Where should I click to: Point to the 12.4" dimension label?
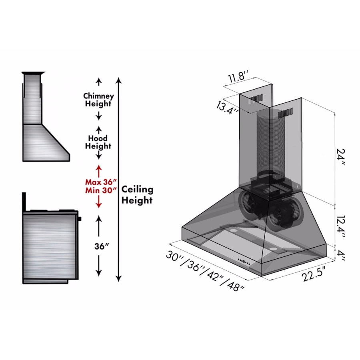[341, 227]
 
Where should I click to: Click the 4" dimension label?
[341, 256]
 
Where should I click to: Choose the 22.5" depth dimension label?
[314, 274]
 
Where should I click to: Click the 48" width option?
[235, 286]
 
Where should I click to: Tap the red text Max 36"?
[101, 182]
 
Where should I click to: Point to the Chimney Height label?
[98, 100]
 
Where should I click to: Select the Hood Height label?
[98, 142]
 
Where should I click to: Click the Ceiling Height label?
[137, 195]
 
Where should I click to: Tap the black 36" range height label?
[101, 246]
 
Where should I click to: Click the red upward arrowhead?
[99, 167]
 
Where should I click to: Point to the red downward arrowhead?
[99, 205]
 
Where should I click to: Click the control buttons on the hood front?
[244, 262]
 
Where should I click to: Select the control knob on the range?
[80, 218]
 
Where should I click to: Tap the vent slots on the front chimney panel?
[286, 113]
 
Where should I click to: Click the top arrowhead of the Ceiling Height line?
[118, 80]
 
